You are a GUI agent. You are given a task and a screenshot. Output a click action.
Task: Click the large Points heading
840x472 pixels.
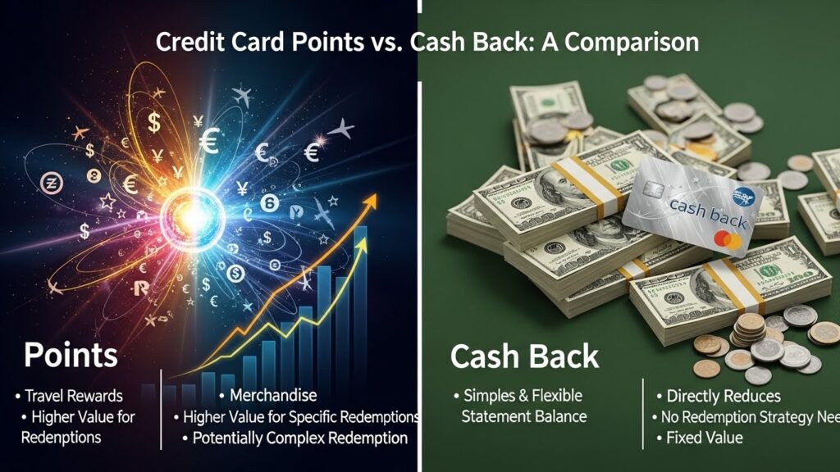coord(71,356)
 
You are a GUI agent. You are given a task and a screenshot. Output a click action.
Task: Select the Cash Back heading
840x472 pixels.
coord(524,356)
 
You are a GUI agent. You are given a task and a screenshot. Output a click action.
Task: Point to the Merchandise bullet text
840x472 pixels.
coord(274,396)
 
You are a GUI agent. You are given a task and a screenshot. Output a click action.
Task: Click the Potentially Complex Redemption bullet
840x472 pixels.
coord(299,438)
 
